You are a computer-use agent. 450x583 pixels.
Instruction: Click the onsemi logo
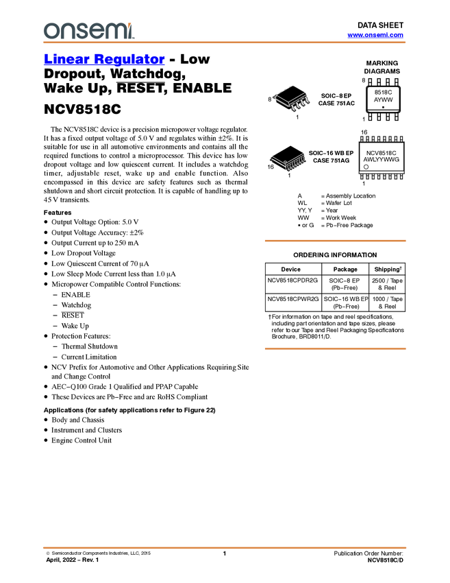[x=88, y=30]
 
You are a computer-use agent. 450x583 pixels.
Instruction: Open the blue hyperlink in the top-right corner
[x=375, y=35]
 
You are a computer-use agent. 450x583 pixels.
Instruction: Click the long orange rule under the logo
[x=224, y=43]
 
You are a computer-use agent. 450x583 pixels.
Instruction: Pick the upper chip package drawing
[x=292, y=98]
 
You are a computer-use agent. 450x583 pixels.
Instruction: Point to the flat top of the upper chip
[x=290, y=93]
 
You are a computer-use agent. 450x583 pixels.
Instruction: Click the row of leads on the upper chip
[x=300, y=105]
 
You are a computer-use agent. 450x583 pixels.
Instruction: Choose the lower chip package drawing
[x=288, y=162]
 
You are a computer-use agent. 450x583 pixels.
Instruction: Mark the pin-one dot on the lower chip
[x=276, y=162]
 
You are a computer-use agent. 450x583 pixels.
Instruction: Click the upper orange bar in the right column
[x=335, y=241]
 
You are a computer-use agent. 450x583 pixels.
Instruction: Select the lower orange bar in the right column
[x=335, y=349]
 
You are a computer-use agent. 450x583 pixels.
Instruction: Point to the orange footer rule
[x=224, y=547]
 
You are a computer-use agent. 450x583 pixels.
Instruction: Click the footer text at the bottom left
[x=96, y=551]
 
